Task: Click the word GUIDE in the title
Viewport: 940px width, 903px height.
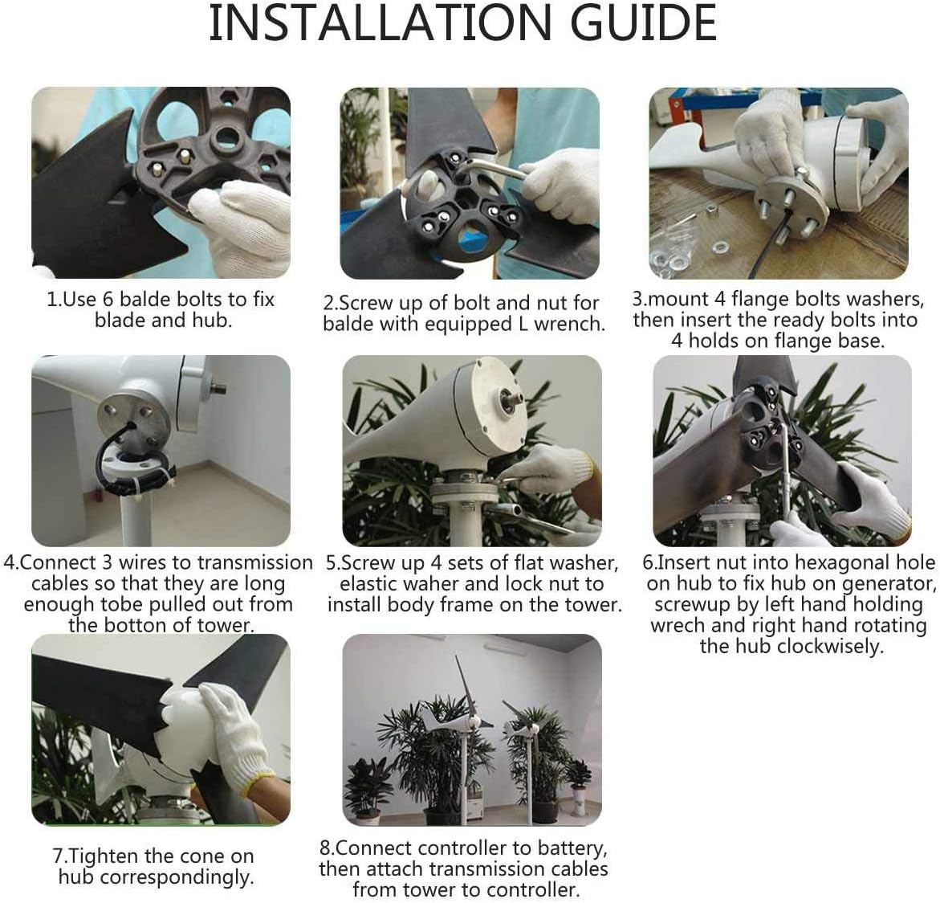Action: [643, 22]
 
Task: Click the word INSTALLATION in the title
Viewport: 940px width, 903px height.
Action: [380, 22]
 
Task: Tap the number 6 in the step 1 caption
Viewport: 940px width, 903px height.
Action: [108, 299]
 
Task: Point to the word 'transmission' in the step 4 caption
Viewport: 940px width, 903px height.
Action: [254, 562]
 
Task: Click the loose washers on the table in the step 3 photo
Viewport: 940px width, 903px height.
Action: [690, 252]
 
